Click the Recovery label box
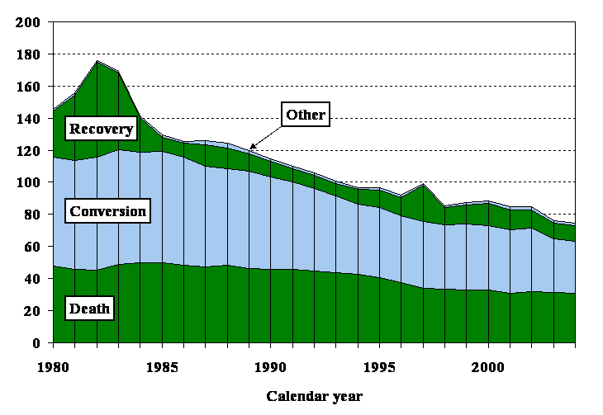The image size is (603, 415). click(x=101, y=129)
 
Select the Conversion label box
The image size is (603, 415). click(x=107, y=211)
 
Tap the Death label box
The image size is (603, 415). click(x=89, y=309)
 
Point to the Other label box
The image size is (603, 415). click(x=306, y=115)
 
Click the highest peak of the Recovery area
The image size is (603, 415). click(x=97, y=62)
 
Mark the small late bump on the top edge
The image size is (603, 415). click(x=423, y=186)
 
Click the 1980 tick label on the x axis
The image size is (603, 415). click(x=55, y=363)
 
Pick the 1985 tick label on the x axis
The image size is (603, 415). click(x=163, y=363)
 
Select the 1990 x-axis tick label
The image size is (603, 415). click(x=271, y=363)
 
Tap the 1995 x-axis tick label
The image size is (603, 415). click(x=380, y=363)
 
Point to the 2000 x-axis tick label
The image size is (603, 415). click(x=488, y=363)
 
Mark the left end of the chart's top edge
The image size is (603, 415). click(x=55, y=109)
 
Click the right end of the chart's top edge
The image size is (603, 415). click(x=574, y=224)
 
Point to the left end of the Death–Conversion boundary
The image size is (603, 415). click(x=55, y=266)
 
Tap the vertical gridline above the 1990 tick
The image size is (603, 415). click(x=271, y=248)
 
